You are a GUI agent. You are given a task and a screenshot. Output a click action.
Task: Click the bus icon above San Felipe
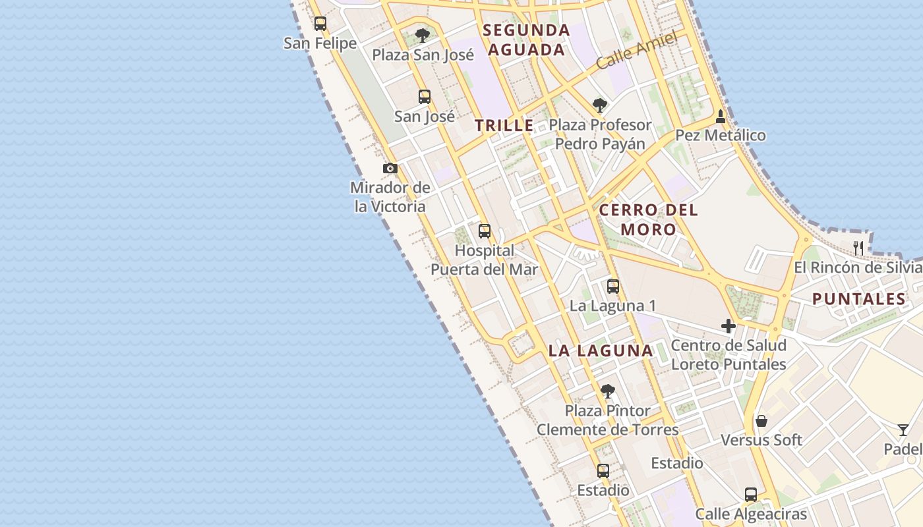click(x=320, y=24)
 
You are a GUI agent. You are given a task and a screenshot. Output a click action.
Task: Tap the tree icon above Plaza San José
click(x=423, y=35)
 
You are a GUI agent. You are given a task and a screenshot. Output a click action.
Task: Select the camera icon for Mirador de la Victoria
click(x=390, y=169)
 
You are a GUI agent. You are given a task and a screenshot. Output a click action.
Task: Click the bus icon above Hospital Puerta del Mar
click(x=485, y=231)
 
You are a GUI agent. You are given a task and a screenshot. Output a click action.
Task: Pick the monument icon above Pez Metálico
click(x=721, y=117)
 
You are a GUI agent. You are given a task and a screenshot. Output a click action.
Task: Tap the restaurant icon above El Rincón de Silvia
click(x=858, y=248)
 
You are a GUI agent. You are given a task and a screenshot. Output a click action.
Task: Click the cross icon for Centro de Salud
click(x=729, y=326)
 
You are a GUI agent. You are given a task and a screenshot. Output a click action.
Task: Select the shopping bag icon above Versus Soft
click(x=761, y=421)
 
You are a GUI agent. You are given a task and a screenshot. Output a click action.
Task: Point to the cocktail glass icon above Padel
click(x=903, y=430)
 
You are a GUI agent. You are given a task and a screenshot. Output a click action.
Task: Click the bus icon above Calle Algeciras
click(x=751, y=495)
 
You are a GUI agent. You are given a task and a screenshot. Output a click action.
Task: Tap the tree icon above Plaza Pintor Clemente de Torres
click(x=608, y=391)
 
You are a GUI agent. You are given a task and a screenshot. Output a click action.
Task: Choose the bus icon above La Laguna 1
click(x=613, y=287)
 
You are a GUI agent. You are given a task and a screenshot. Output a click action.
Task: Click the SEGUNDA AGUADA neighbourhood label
click(x=526, y=40)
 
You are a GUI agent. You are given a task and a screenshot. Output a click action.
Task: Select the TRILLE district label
click(x=504, y=126)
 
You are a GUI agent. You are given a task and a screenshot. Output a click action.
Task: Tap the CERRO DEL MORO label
click(x=648, y=220)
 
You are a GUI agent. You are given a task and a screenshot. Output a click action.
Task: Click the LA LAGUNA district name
click(x=601, y=351)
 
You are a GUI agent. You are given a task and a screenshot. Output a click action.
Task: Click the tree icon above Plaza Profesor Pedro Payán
click(x=599, y=105)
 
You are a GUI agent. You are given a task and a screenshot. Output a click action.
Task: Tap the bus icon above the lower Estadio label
click(x=603, y=471)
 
